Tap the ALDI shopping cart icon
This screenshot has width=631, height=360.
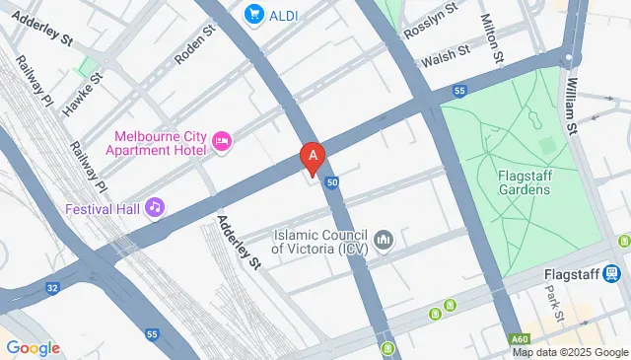point(254,14)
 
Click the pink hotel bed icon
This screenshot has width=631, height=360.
point(222,144)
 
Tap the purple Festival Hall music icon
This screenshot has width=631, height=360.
point(154,207)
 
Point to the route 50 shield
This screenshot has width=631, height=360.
point(333,182)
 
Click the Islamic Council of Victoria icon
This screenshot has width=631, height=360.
point(385,240)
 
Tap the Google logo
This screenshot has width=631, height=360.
point(33,347)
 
